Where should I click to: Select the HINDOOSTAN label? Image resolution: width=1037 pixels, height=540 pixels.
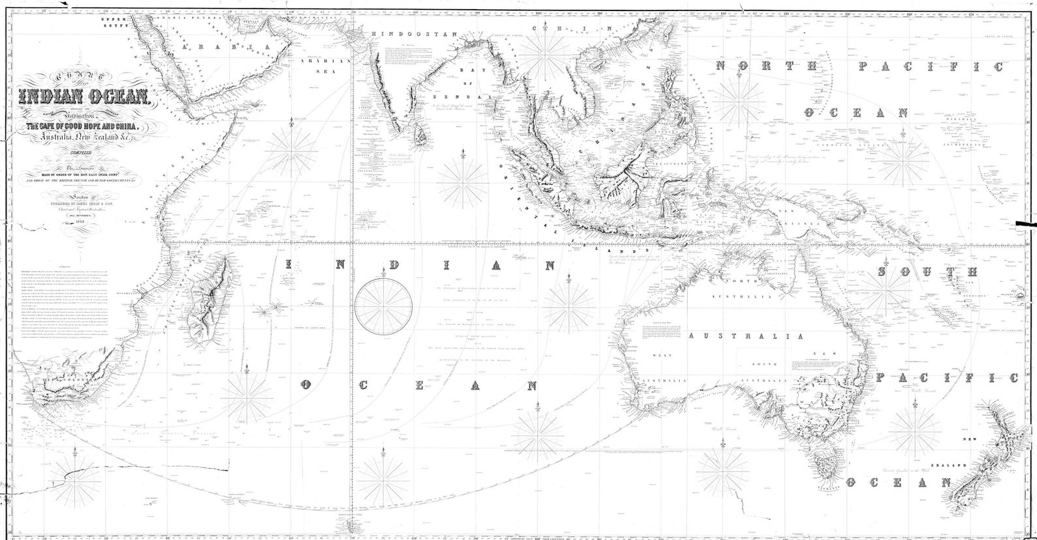click(x=398, y=33)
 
